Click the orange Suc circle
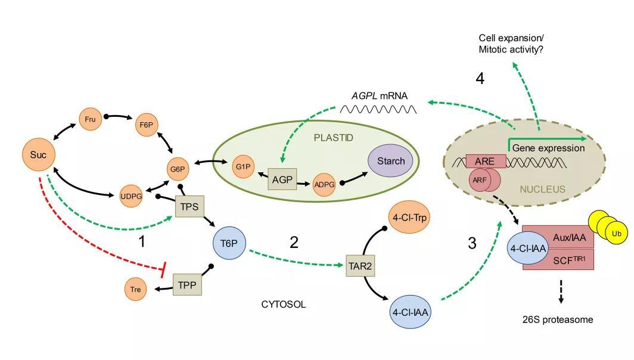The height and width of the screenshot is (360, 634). [x=38, y=155]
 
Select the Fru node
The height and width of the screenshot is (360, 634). [x=90, y=119]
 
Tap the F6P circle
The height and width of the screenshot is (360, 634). [x=146, y=125]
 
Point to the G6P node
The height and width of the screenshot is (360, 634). [x=178, y=169]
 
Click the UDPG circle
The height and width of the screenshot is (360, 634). [x=131, y=196]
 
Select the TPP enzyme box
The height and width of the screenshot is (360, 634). [x=187, y=285]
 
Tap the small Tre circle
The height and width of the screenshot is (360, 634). [x=136, y=290]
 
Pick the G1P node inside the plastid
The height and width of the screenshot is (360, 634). [x=243, y=167]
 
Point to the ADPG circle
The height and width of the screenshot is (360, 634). [x=324, y=185]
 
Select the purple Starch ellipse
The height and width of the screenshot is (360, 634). [x=391, y=161]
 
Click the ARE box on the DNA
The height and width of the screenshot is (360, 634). [x=485, y=161]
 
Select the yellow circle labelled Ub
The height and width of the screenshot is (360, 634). [x=616, y=234]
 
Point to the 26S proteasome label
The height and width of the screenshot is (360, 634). [x=558, y=319]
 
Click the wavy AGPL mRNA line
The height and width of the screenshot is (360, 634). [x=378, y=109]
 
